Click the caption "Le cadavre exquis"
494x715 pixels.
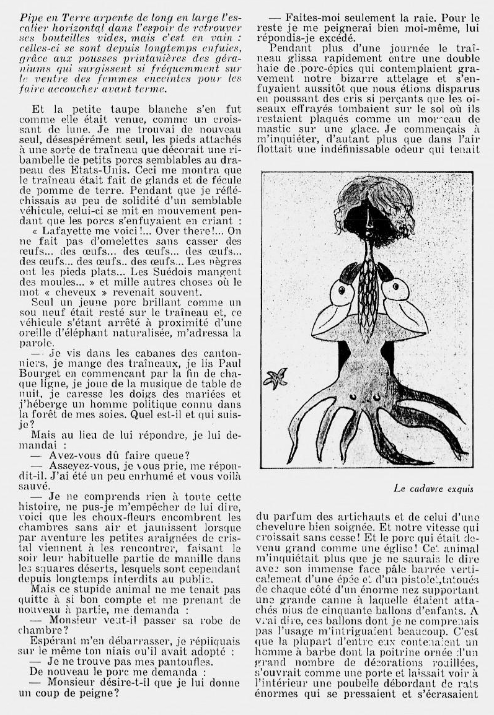433,488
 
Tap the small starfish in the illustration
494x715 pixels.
275,378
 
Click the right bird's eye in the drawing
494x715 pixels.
393,289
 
